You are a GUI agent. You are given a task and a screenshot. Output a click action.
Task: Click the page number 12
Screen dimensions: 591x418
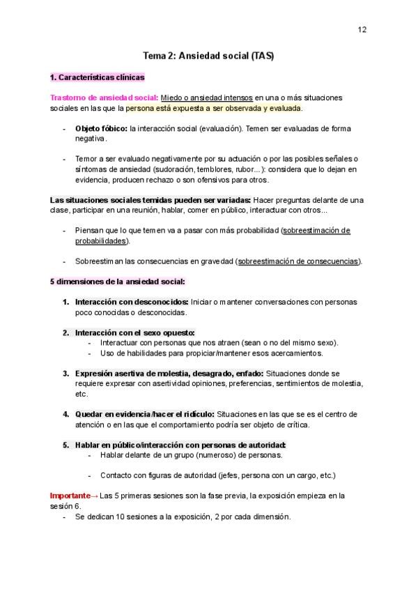[x=362, y=29]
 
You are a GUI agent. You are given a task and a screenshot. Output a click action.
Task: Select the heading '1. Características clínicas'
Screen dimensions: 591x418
[x=98, y=77]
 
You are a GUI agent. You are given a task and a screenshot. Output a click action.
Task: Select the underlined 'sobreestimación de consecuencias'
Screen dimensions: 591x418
[x=298, y=261]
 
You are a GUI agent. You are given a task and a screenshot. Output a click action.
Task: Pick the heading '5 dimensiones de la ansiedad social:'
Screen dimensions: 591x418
[x=117, y=282]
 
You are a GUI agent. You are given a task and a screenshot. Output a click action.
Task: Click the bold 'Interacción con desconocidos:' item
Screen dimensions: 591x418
[x=132, y=302]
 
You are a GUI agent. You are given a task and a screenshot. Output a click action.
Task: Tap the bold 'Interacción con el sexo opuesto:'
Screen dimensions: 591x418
[x=135, y=332]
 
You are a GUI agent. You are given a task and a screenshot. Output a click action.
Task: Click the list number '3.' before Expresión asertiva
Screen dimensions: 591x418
[x=65, y=374]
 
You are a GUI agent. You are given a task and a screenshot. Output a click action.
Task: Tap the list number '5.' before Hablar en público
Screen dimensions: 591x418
[x=65, y=445]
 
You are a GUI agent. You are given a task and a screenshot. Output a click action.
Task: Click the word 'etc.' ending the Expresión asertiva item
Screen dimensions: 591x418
[x=82, y=394]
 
